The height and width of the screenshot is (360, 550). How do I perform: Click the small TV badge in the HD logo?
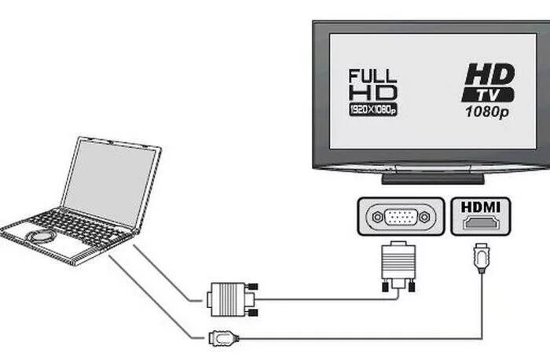click(x=489, y=94)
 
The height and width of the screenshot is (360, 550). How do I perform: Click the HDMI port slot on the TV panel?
click(x=480, y=223)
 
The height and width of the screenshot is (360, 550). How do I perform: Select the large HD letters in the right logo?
click(x=489, y=75)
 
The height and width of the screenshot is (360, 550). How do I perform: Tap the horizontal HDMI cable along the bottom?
click(x=354, y=339)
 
